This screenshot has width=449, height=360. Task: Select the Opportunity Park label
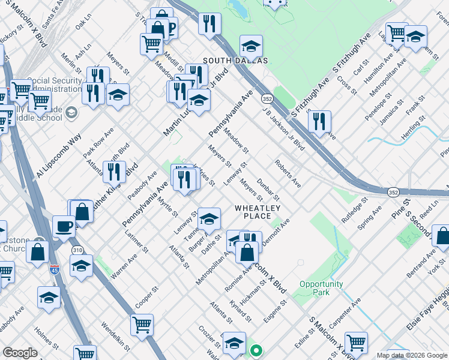pyautogui.click(x=321, y=288)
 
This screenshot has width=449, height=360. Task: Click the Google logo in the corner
pyautogui.click(x=20, y=353)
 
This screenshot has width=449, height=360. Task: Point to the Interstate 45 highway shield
pyautogui.click(x=54, y=272)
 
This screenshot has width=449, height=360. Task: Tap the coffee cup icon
pyautogui.click(x=64, y=226)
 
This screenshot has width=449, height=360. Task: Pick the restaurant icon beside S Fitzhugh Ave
pyautogui.click(x=319, y=121)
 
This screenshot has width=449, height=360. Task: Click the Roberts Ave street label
pyautogui.click(x=288, y=173)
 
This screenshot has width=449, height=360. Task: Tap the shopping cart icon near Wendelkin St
pyautogui.click(x=142, y=324)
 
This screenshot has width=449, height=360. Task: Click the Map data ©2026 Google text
pyautogui.click(x=412, y=355)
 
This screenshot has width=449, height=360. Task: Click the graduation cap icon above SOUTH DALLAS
pyautogui.click(x=251, y=44)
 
